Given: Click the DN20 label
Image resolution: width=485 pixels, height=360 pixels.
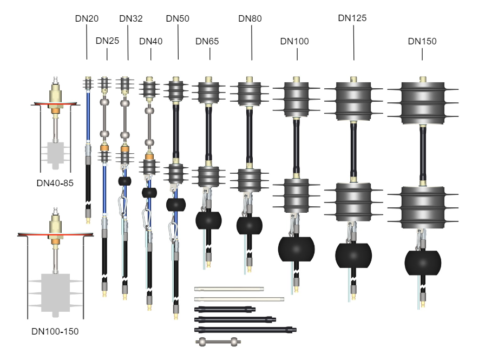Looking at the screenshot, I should tap(87, 18).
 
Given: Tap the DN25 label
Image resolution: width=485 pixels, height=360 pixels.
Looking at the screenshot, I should tap(107, 41).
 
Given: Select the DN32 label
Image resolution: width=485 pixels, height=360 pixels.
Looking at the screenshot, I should tap(131, 18).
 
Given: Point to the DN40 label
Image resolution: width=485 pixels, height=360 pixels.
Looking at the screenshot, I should tap(151, 41).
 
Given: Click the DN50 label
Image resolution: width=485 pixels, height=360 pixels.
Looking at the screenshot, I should tap(178, 18).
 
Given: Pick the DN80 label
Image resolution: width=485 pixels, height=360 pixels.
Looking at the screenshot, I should tap(250, 18).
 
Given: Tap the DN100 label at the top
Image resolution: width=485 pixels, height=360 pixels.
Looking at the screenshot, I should tap(295, 41).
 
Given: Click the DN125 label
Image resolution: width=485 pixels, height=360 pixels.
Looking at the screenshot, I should tap(352, 18).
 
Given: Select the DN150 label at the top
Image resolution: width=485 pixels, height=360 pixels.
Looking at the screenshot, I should tap(422, 41).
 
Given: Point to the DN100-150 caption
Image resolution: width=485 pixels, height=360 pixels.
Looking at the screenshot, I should tap(55, 331).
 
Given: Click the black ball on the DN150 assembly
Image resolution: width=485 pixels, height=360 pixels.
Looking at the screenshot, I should tap(423, 262).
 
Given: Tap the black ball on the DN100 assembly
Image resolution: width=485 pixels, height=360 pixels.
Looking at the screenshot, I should tap(296, 249).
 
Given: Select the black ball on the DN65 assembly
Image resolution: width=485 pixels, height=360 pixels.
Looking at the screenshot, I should tap(209, 221).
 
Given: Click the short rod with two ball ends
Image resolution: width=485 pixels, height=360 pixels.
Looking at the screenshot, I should tap(218, 342).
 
